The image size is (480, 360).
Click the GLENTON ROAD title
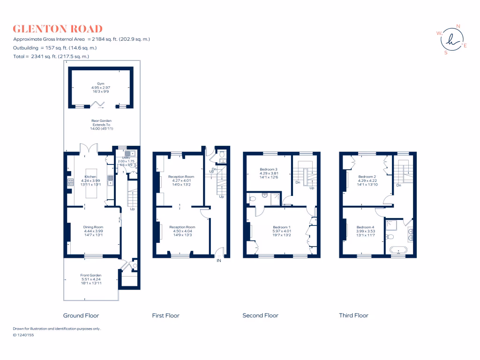[x=58, y=29]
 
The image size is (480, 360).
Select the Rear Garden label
[x=101, y=121]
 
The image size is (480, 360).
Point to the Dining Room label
[x=93, y=227]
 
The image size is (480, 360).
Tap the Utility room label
[x=126, y=158]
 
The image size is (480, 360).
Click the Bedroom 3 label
[x=269, y=169]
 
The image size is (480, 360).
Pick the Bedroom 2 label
[x=367, y=170]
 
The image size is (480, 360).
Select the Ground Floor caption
[x=81, y=315]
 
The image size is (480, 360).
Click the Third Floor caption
[x=353, y=315]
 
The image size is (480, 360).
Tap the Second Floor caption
[x=260, y=315]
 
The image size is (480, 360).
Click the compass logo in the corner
[x=451, y=39]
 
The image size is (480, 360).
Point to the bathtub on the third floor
[x=398, y=249]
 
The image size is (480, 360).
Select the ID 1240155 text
[x=23, y=335]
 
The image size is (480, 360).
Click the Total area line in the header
[x=51, y=56]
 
